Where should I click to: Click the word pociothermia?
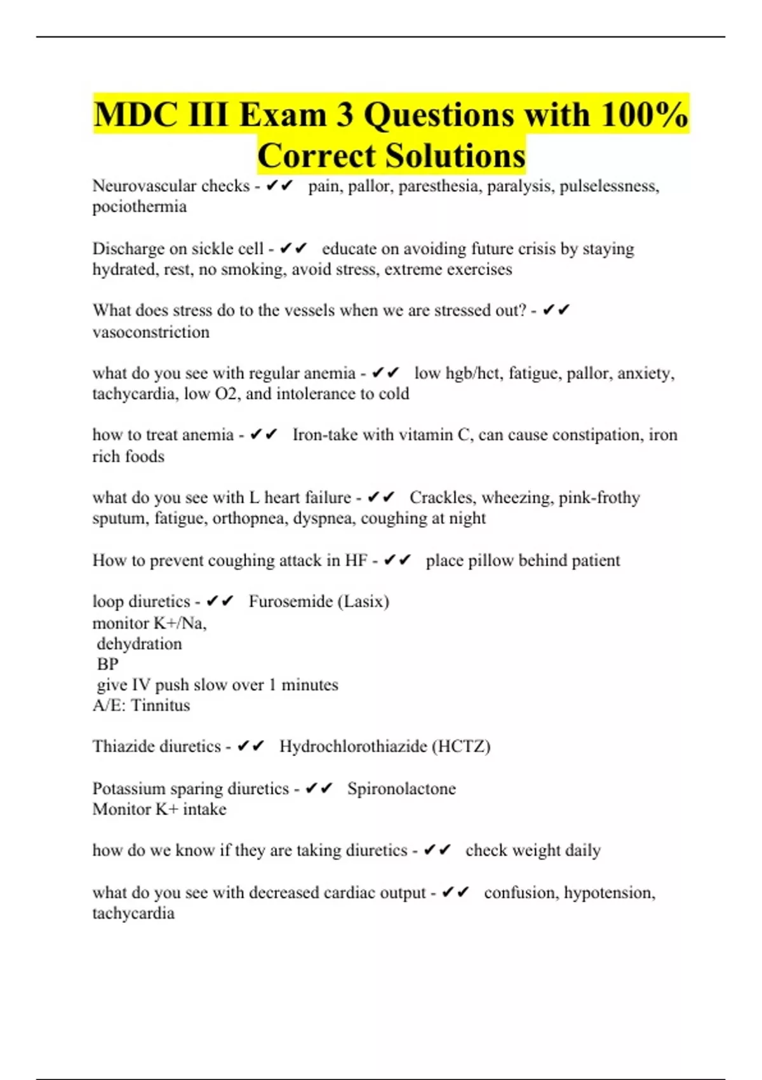[140, 207]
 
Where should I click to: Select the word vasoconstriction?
[151, 332]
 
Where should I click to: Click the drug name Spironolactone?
[401, 789]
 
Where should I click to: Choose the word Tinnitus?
[161, 706]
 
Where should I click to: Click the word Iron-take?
[324, 435]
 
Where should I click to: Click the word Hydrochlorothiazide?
[353, 746]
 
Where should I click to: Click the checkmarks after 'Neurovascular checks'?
[279, 186]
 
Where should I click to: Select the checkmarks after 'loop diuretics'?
[220, 601]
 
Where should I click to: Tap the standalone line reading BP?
[108, 665]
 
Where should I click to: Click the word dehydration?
[140, 644]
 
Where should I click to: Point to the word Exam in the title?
[283, 115]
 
